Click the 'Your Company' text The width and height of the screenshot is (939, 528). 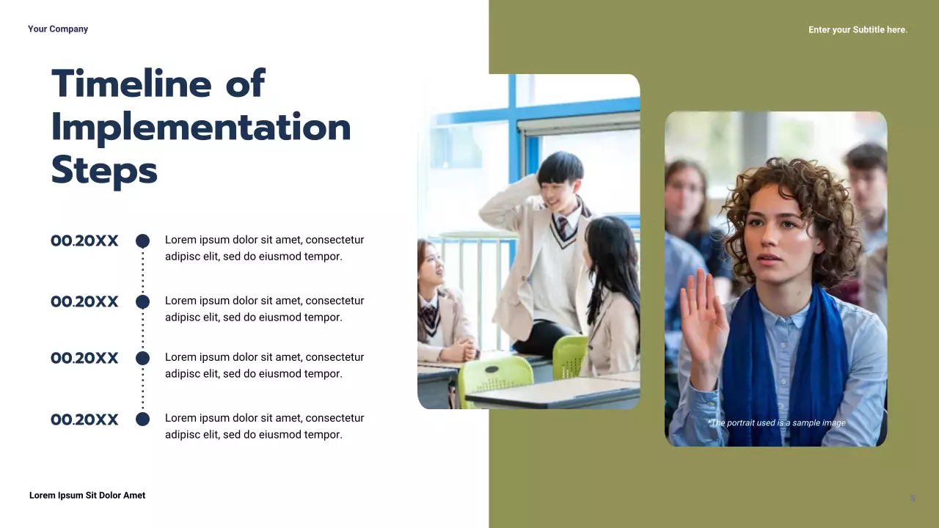coord(58,29)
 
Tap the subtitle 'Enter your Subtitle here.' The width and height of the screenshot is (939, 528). coord(858,30)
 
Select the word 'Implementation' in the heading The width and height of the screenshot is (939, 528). coord(201,128)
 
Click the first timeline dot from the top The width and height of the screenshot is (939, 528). coord(142,241)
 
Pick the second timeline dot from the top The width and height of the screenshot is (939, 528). coord(142,301)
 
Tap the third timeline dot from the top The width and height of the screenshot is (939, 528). coord(142,358)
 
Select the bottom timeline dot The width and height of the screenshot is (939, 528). coord(142,419)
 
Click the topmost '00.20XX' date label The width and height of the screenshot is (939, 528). coord(84,241)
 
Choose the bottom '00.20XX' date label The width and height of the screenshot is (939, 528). coord(84,419)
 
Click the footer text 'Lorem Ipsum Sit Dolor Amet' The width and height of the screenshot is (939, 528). coord(87,496)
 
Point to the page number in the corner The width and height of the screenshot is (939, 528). coord(913,498)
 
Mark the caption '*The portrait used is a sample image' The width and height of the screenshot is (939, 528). coord(776,423)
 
